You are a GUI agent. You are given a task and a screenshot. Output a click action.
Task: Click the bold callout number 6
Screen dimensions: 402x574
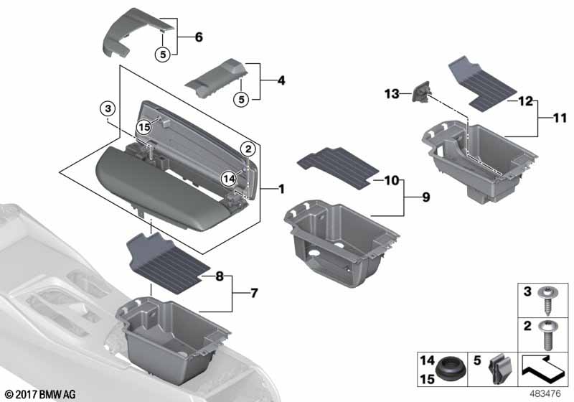tap(199, 37)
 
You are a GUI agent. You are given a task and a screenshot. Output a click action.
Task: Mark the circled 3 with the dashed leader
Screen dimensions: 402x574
tap(107, 108)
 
